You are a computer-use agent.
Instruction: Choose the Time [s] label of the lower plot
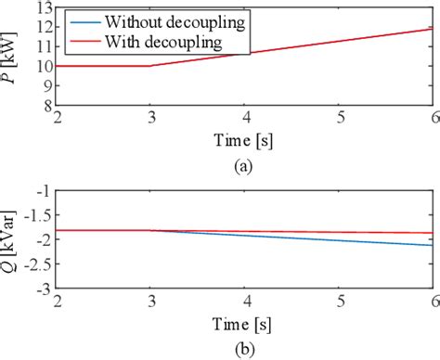point(245,324)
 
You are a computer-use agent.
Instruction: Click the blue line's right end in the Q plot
point(433,246)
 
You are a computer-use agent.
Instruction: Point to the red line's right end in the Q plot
point(433,233)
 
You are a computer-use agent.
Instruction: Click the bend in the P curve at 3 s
point(151,66)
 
